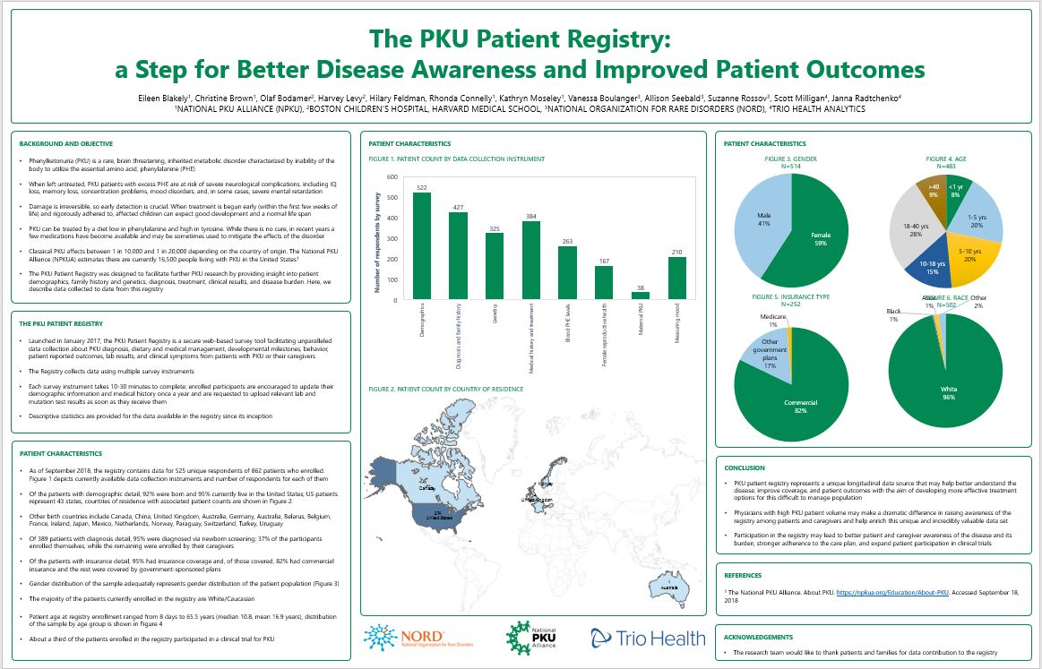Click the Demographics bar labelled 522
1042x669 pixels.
tap(422, 245)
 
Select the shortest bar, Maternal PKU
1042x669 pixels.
tap(641, 296)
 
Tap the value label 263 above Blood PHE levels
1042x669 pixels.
tap(567, 241)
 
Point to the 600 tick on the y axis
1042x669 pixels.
tap(392, 176)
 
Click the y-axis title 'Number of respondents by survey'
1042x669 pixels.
tap(377, 238)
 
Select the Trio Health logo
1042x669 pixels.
tap(647, 638)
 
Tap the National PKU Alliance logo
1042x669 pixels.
tap(533, 636)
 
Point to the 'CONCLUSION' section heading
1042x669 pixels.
tap(744, 467)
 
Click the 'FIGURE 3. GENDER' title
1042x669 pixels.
tap(791, 158)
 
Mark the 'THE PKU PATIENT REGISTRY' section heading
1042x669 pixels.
tap(62, 323)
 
